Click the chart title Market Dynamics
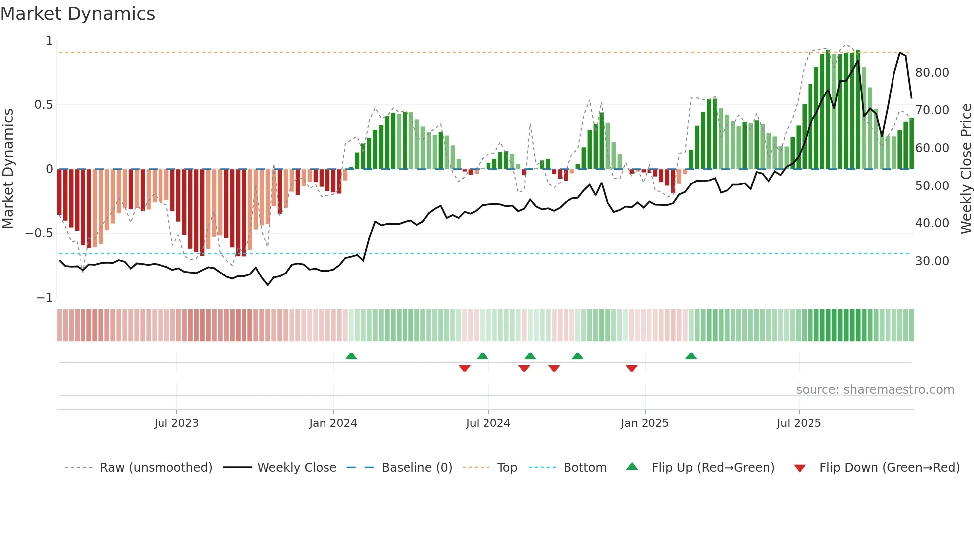coord(78,14)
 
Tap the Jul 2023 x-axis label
coord(176,423)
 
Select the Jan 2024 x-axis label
coord(333,423)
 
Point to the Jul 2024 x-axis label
coord(488,423)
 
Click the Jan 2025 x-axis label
coord(645,423)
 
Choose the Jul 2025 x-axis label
coord(799,423)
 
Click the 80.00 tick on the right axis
coord(932,73)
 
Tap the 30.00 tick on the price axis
coord(932,261)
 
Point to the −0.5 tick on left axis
coord(39,233)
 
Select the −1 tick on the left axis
coord(45,298)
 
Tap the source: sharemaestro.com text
coord(875,390)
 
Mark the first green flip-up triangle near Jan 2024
coord(351,356)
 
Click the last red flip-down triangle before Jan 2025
coord(632,368)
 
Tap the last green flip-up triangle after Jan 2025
coord(691,356)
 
